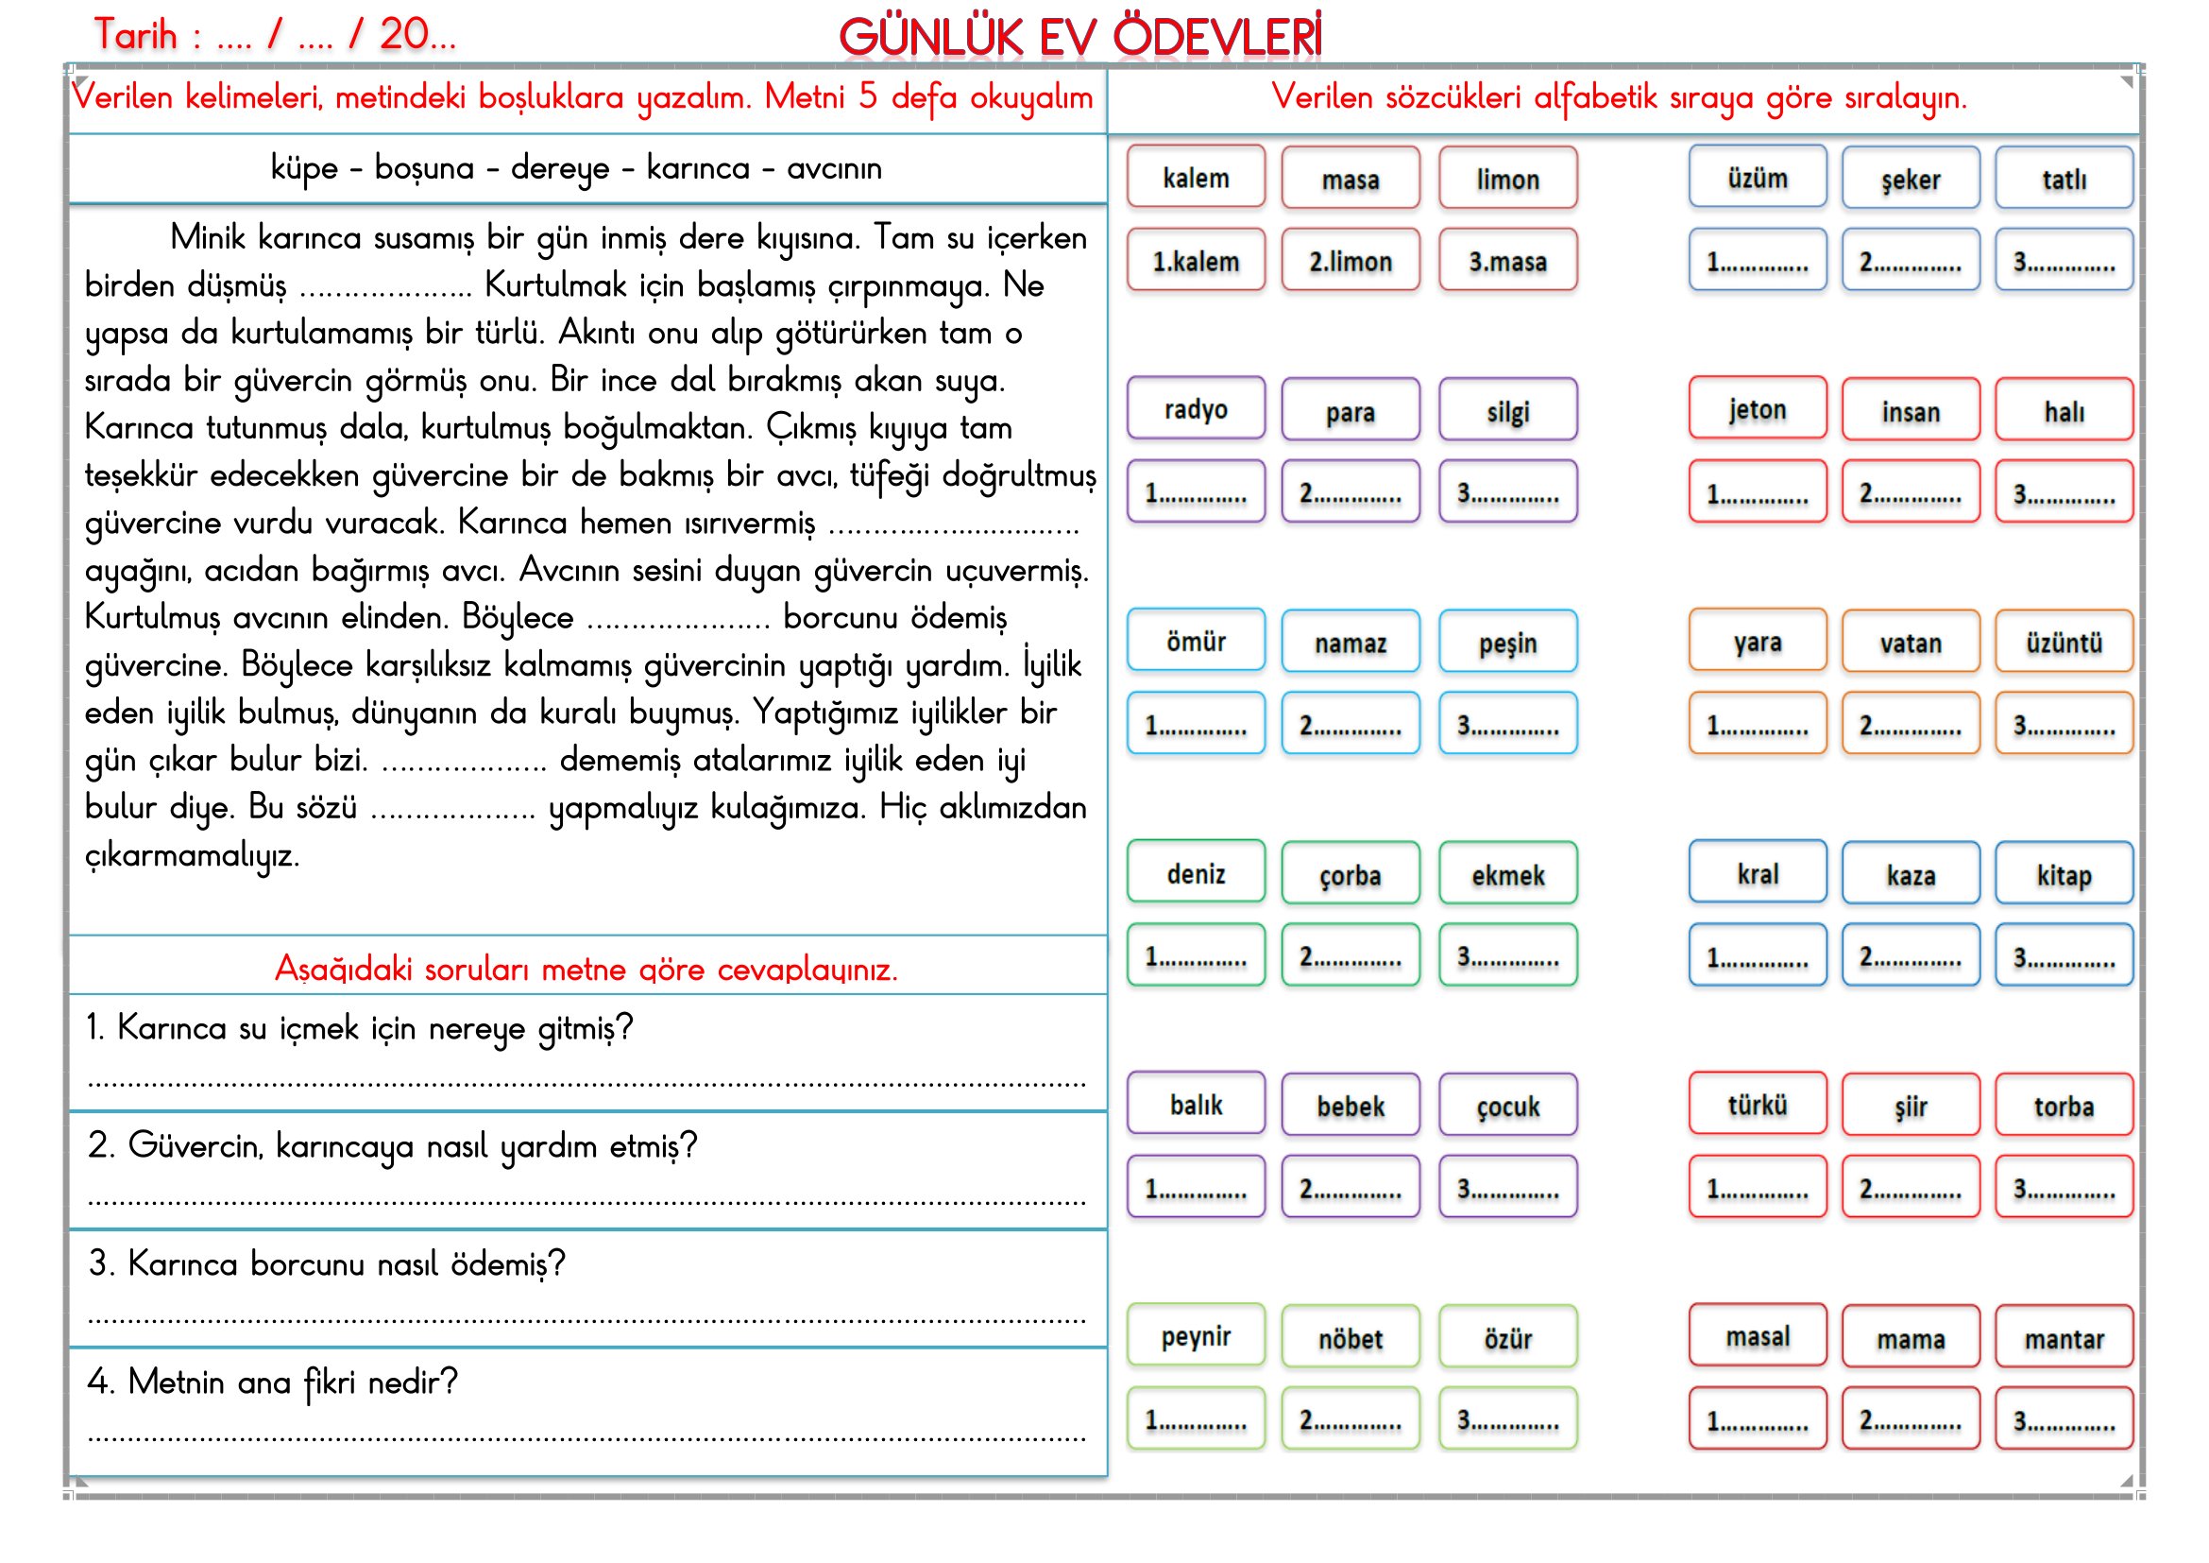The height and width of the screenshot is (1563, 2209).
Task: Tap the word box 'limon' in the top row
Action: pos(1507,178)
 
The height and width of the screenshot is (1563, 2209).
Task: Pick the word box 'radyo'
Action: pos(1196,409)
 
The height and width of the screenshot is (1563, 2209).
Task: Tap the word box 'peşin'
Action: pos(1507,642)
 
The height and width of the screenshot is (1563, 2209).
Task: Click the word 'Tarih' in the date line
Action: pos(136,35)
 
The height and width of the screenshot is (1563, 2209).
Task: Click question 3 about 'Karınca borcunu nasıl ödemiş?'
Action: pos(327,1262)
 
